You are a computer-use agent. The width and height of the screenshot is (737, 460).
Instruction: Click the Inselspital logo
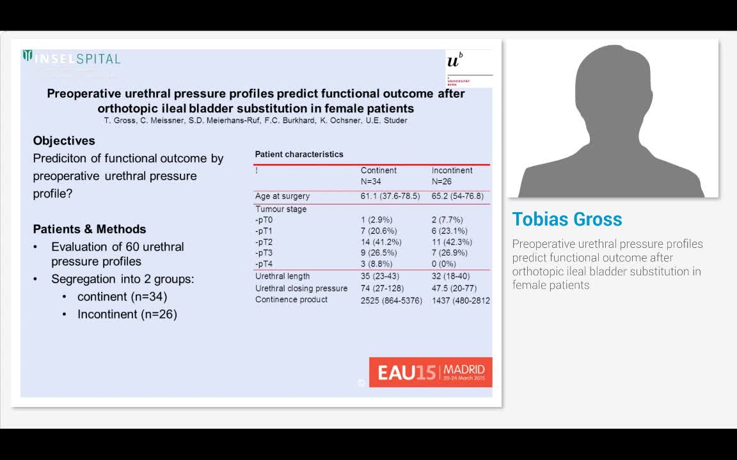[x=72, y=59]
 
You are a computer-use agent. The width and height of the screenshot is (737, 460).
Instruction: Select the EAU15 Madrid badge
[x=431, y=372]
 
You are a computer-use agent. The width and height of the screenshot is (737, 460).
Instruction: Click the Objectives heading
[x=64, y=141]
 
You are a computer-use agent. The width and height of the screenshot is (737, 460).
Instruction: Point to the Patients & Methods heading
[x=90, y=229]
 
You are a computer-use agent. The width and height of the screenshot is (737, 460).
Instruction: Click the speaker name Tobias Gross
[x=567, y=219]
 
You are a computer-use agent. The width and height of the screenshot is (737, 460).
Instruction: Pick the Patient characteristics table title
[x=299, y=154]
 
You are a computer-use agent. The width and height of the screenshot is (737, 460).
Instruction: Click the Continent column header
[x=378, y=171]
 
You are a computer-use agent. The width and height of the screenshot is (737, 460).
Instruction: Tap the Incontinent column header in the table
[x=452, y=171]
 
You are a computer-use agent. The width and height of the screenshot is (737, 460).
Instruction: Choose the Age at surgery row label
[x=282, y=196]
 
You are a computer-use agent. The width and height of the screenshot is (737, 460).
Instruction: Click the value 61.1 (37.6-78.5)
[x=390, y=196]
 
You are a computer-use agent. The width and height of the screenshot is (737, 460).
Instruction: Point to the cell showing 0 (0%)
[x=443, y=264]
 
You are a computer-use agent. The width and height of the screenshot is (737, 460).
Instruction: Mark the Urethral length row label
[x=282, y=276]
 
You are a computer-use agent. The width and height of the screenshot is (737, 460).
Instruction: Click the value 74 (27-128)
[x=382, y=288]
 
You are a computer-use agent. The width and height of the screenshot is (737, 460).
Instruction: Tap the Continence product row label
[x=291, y=300]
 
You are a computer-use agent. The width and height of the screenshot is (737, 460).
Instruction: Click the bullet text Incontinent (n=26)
[x=127, y=314]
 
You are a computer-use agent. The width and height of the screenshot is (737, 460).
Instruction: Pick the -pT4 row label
[x=264, y=264]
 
